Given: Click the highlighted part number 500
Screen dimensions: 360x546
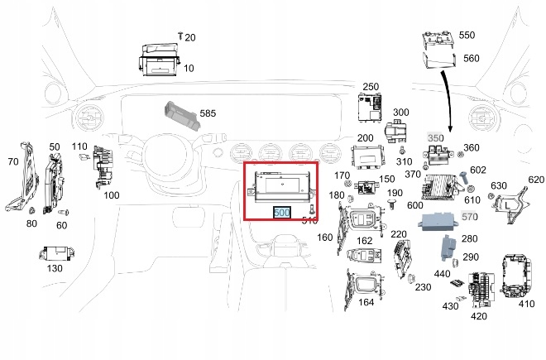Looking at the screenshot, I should [x=281, y=213].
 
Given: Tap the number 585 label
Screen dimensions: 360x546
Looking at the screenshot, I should [x=208, y=113].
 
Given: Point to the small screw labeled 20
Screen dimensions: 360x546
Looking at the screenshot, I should [x=180, y=36].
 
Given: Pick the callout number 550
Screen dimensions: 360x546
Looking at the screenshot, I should [x=467, y=36].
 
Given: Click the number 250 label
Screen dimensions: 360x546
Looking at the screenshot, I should [x=371, y=87].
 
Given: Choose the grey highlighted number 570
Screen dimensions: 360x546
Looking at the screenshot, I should [x=470, y=217].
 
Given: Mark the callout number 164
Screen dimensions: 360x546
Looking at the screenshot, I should [x=366, y=301].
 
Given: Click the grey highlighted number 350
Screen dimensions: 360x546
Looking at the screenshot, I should [x=435, y=137].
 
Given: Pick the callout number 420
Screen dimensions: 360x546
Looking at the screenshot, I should [x=479, y=316].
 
